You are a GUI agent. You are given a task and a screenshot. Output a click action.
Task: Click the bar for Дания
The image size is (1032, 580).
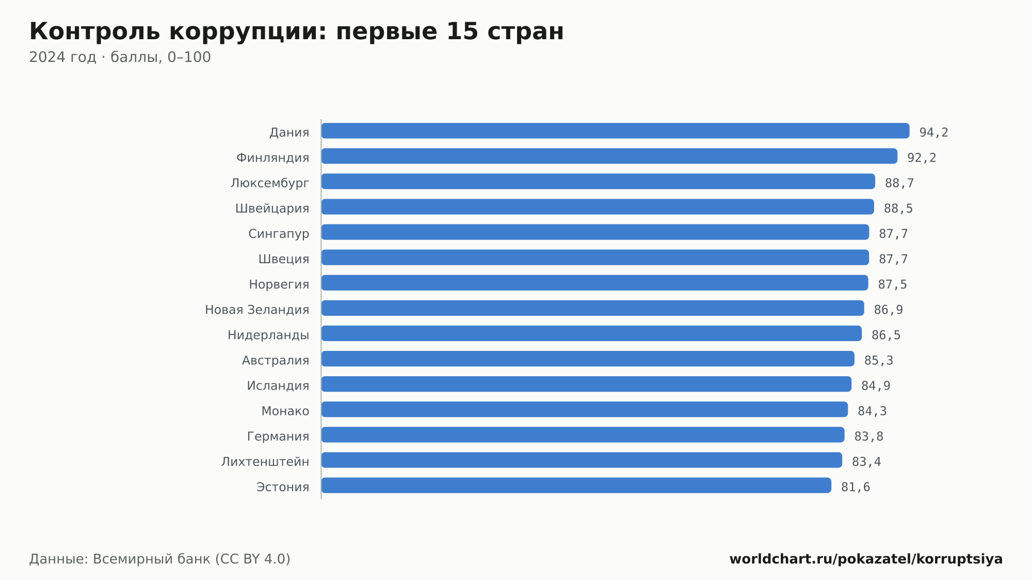click(x=615, y=131)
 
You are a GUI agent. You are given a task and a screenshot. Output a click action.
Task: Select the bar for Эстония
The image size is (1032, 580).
click(x=576, y=486)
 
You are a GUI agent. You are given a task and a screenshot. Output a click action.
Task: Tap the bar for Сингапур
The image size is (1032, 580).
click(x=595, y=232)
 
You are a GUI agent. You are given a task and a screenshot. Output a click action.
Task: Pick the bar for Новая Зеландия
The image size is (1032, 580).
click(x=592, y=308)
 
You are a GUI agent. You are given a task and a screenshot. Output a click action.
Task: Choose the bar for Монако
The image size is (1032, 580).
click(x=585, y=409)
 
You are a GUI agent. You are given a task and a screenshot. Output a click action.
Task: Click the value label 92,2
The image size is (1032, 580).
click(x=922, y=158)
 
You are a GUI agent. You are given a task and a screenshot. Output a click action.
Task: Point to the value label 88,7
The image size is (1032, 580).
click(x=899, y=183)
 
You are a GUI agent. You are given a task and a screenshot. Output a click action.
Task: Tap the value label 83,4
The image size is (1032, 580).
click(x=866, y=462)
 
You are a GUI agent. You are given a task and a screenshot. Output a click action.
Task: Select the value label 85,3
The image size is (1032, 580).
click(x=879, y=361)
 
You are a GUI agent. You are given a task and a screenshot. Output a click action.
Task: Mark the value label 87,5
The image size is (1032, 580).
click(x=893, y=284)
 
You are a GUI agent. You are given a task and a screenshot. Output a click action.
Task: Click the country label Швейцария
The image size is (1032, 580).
click(x=272, y=208)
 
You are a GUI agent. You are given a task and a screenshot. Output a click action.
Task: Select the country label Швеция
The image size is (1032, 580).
click(x=284, y=259)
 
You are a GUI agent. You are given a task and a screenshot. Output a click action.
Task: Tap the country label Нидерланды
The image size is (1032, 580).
click(x=268, y=335)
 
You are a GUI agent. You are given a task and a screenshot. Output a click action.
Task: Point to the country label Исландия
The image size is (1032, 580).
click(x=278, y=385)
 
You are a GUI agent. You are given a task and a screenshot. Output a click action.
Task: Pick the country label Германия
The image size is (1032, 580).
click(x=278, y=437)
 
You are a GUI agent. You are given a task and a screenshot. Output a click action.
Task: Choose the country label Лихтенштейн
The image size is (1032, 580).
click(x=265, y=461)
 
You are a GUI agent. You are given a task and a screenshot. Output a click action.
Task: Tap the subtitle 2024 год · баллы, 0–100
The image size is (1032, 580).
click(x=120, y=57)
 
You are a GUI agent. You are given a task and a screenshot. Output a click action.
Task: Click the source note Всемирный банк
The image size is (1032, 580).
click(x=152, y=559)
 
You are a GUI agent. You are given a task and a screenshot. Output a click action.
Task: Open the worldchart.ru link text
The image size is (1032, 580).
click(x=866, y=559)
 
